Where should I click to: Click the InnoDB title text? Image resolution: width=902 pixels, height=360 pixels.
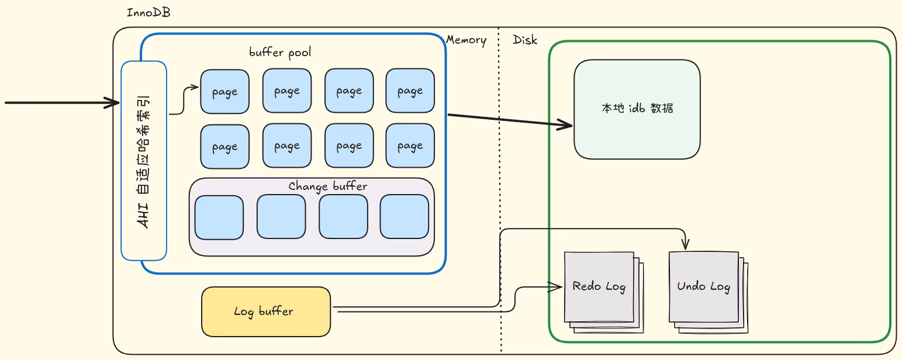click(x=148, y=13)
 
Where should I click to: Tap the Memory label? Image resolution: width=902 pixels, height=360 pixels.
click(x=466, y=40)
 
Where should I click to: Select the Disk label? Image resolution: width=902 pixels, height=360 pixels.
click(x=525, y=40)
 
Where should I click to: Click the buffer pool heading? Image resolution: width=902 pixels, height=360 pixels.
click(x=280, y=53)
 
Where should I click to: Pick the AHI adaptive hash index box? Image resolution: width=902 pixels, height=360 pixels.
click(x=144, y=161)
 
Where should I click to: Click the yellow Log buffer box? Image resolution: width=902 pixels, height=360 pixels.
click(x=266, y=311)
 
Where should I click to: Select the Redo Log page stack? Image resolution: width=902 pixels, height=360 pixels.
click(x=604, y=292)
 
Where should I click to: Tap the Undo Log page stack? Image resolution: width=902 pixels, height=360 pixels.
click(x=709, y=292)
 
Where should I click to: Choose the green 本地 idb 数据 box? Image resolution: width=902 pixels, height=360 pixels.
click(x=637, y=109)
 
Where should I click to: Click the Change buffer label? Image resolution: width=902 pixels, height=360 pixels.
click(x=328, y=186)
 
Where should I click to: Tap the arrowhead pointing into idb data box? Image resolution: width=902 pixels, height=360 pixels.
click(x=565, y=125)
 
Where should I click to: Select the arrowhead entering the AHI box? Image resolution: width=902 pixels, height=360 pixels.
click(x=112, y=102)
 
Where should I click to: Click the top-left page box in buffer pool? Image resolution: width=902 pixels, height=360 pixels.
click(x=224, y=91)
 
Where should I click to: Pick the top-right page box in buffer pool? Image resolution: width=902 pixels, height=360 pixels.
click(x=410, y=91)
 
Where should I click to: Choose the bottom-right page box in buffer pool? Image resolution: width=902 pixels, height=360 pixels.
click(x=410, y=146)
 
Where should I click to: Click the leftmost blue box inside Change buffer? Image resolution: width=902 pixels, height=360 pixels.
click(x=219, y=217)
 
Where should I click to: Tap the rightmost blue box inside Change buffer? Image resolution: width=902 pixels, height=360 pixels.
click(x=405, y=217)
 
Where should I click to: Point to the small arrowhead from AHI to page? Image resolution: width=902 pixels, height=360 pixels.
click(x=195, y=87)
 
